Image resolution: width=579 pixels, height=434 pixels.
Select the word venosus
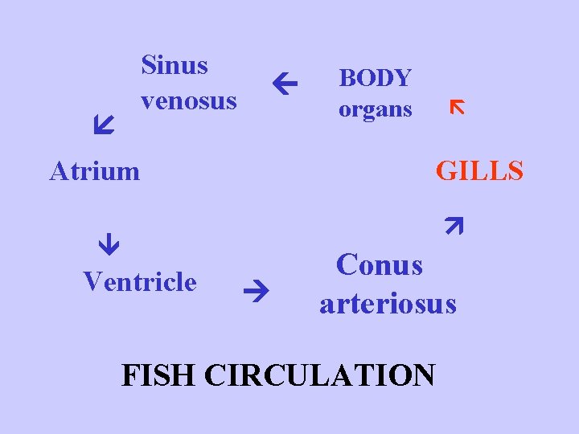188,100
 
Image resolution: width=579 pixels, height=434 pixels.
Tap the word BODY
375,78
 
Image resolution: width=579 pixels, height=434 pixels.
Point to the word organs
375,109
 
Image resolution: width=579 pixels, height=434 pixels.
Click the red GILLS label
479,170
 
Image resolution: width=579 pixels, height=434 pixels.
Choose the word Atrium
94,170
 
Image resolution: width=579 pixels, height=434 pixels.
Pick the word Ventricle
139,281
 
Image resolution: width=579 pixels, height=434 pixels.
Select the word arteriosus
388,304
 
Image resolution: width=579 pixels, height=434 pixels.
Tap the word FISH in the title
158,375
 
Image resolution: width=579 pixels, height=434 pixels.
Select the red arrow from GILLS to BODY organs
457,107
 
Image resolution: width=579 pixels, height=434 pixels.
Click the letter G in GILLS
446,170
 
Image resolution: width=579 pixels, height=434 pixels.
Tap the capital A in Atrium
58,170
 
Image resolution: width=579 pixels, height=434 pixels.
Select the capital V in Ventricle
91,281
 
